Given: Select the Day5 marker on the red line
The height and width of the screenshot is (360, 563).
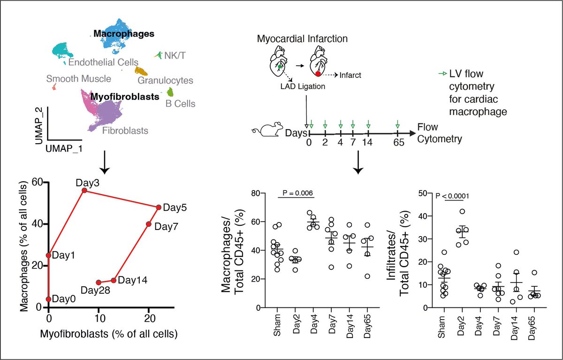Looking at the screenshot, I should pyautogui.click(x=159, y=207).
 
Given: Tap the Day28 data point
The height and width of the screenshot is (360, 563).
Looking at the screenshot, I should pyautogui.click(x=99, y=283).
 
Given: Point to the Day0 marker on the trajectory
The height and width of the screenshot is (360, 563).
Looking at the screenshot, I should pyautogui.click(x=49, y=299).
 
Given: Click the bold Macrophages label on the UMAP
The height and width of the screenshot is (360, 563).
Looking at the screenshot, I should pyautogui.click(x=124, y=34).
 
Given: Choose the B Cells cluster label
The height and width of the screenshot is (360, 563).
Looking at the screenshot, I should pyautogui.click(x=181, y=104).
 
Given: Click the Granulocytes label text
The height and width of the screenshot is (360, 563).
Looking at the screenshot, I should pyautogui.click(x=165, y=81).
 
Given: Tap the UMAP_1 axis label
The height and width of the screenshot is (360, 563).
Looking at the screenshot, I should pyautogui.click(x=64, y=147).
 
